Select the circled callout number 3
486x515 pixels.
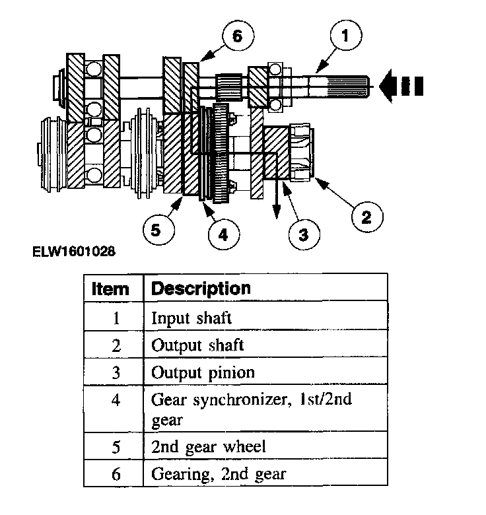coord(302,233)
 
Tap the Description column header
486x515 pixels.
coord(201,289)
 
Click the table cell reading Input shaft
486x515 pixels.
coord(191,318)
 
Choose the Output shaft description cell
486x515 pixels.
coord(197,345)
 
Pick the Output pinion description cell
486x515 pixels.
coord(203,372)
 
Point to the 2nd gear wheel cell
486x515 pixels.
coord(209,446)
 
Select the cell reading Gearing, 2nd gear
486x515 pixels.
coord(219,473)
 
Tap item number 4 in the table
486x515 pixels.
coord(116,400)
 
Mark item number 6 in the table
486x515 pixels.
coord(116,473)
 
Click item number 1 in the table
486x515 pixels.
coord(116,318)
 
